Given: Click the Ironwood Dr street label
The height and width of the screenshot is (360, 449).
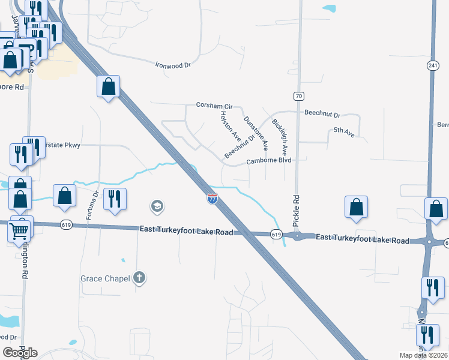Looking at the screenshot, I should pos(172,65).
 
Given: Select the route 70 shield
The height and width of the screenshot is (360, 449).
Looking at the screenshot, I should pos(298,96).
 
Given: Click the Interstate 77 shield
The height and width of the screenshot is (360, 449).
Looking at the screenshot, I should pos(212,199).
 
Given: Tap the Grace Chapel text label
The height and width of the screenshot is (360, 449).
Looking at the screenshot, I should pos(105,278).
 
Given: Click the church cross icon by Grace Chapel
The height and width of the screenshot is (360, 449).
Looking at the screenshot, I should pos(139,277).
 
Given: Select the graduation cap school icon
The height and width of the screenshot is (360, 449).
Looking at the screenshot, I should pos(157,207).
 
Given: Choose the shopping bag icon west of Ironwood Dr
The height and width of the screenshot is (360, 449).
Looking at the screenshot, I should pos(108,86).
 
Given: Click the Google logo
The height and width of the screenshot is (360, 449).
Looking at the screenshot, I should pos(20,353).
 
